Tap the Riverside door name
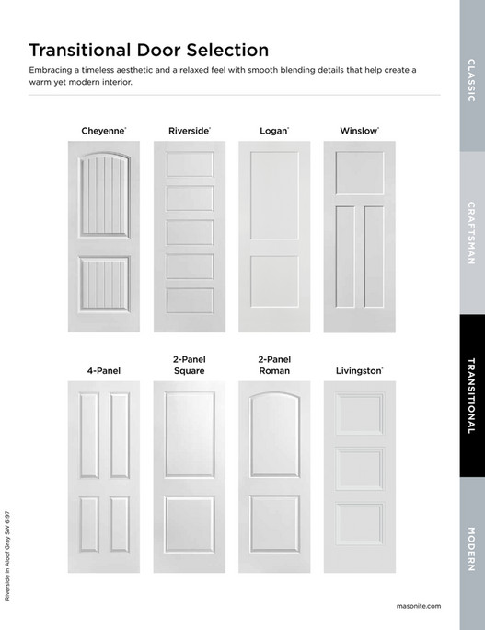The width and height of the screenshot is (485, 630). pyautogui.click(x=190, y=132)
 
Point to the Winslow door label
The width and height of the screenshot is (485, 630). pyautogui.click(x=359, y=132)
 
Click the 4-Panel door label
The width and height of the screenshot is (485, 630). pyautogui.click(x=104, y=371)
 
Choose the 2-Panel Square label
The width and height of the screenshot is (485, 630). pyautogui.click(x=189, y=365)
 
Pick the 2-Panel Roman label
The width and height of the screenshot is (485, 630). pyautogui.click(x=274, y=365)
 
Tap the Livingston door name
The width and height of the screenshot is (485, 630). pyautogui.click(x=359, y=371)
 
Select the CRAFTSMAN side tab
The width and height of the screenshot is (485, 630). pyautogui.click(x=472, y=234)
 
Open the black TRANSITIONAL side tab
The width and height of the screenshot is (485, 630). pyautogui.click(x=472, y=396)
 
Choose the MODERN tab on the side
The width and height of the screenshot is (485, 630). pyautogui.click(x=472, y=550)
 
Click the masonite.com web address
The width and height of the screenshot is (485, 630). pyautogui.click(x=420, y=605)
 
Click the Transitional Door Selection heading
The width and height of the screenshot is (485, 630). pyautogui.click(x=149, y=50)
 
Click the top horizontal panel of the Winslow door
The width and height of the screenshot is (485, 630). pyautogui.click(x=359, y=173)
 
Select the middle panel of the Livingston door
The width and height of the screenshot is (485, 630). pyautogui.click(x=359, y=469)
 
